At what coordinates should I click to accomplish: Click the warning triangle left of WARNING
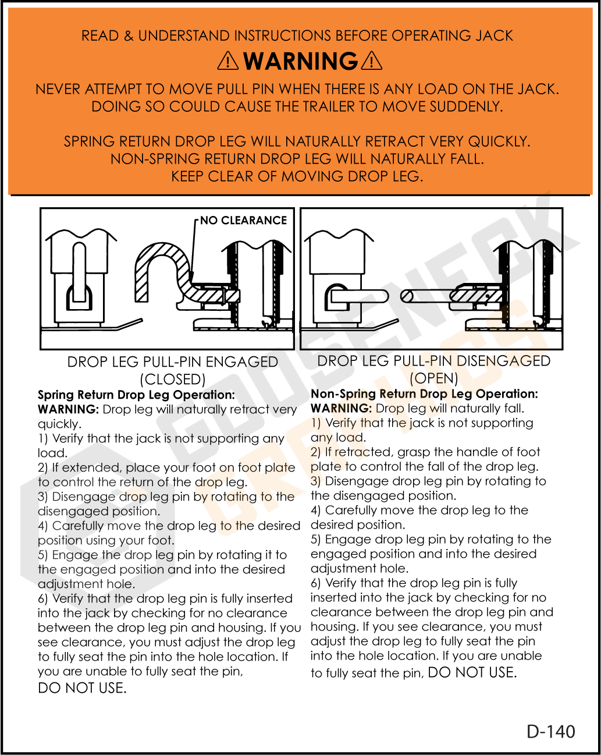[227, 61]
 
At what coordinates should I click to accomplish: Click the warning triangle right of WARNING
[372, 61]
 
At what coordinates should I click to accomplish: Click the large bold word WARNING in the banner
[300, 61]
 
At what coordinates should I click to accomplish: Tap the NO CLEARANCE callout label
[243, 221]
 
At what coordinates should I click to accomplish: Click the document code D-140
[550, 731]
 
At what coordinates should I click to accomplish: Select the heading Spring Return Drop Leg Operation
[136, 395]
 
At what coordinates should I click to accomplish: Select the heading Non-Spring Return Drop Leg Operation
[424, 394]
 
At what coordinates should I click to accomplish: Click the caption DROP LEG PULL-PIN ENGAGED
[173, 362]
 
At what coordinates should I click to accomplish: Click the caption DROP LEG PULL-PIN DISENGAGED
[433, 361]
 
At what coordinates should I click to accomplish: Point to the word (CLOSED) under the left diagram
[173, 380]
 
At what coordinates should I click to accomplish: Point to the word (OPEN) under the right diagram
[433, 378]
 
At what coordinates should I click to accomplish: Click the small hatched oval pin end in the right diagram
[407, 296]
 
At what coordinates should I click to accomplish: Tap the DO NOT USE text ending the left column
[82, 688]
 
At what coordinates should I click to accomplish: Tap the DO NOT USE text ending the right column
[472, 672]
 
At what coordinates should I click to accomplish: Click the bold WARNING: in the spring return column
[68, 409]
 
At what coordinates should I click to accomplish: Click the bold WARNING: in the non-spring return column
[341, 408]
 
